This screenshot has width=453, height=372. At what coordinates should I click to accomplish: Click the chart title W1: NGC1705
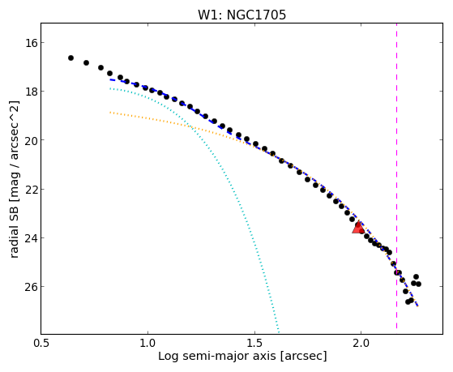click(x=241, y=15)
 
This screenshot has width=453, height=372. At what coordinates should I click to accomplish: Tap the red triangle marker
click(x=358, y=228)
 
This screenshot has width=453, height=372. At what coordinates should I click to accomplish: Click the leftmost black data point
click(x=71, y=58)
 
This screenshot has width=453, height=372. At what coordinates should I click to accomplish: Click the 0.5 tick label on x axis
click(x=41, y=344)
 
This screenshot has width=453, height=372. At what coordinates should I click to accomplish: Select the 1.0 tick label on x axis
click(x=147, y=344)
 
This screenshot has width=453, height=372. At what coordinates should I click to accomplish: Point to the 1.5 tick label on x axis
click(x=254, y=344)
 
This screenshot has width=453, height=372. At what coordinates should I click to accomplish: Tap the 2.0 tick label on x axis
click(x=361, y=344)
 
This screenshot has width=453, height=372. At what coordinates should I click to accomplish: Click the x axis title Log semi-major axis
click(x=217, y=357)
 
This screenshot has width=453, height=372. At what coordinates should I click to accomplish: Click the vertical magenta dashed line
click(x=396, y=176)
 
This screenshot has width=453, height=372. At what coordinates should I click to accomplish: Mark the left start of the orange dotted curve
click(x=110, y=112)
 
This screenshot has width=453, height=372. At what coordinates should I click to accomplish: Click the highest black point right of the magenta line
click(x=416, y=277)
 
